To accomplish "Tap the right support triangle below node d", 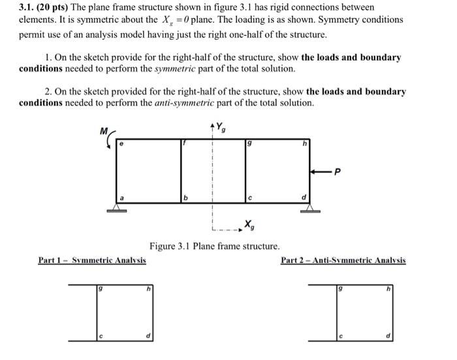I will pyautogui.click(x=310, y=207).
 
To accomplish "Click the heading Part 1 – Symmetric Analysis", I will pyautogui.click(x=91, y=260).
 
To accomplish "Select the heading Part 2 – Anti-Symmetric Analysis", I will pyautogui.click(x=343, y=260).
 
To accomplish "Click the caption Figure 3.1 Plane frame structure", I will pyautogui.click(x=214, y=247).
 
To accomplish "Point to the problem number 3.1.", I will pyautogui.click(x=27, y=7).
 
